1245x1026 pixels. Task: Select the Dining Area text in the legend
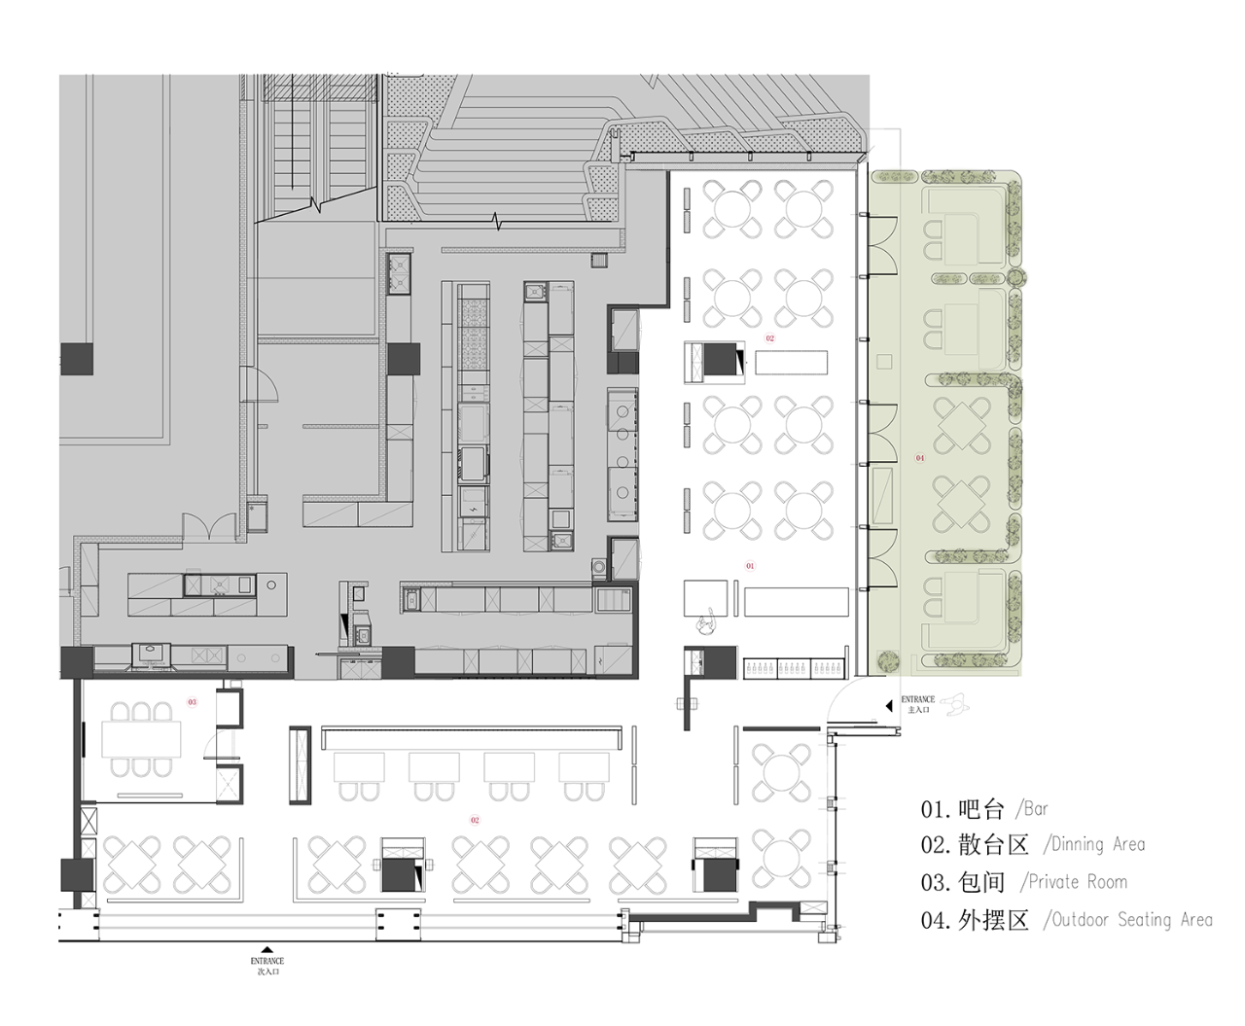pyautogui.click(x=1098, y=844)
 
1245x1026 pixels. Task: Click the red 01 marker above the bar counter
pyautogui.click(x=750, y=565)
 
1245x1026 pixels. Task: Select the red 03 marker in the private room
pyautogui.click(x=192, y=701)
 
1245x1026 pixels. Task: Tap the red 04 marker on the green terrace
pyautogui.click(x=920, y=458)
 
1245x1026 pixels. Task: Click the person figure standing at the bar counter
pyautogui.click(x=707, y=622)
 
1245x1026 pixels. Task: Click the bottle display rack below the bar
pyautogui.click(x=793, y=669)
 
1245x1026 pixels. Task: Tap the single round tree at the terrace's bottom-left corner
pyautogui.click(x=887, y=662)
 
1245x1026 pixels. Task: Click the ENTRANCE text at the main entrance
pyautogui.click(x=917, y=699)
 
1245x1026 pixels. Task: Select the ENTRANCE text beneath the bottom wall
pyautogui.click(x=267, y=962)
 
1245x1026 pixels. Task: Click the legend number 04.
pyautogui.click(x=935, y=920)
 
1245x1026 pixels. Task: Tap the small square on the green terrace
pyautogui.click(x=882, y=362)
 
